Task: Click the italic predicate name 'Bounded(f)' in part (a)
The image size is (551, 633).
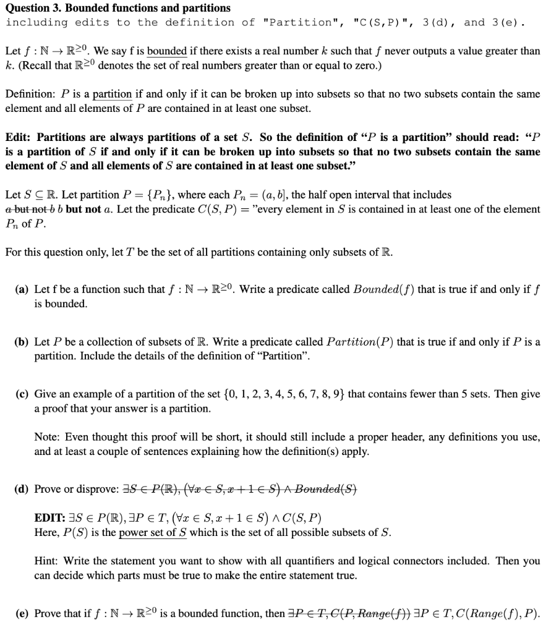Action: (383, 289)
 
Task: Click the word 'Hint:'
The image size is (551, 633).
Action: (46, 561)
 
